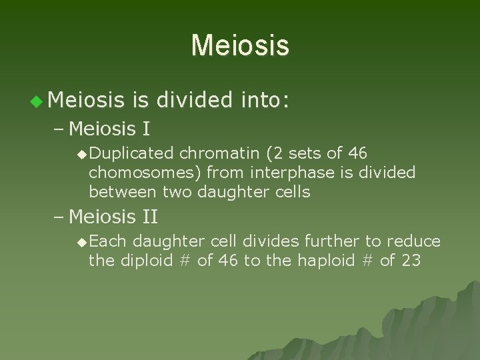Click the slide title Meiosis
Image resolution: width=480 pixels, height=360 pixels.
coord(240,46)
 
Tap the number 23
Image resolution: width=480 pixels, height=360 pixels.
coord(411,260)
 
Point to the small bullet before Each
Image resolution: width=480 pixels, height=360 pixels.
coord(81,241)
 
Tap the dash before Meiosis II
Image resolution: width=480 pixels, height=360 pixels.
coord(58,217)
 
